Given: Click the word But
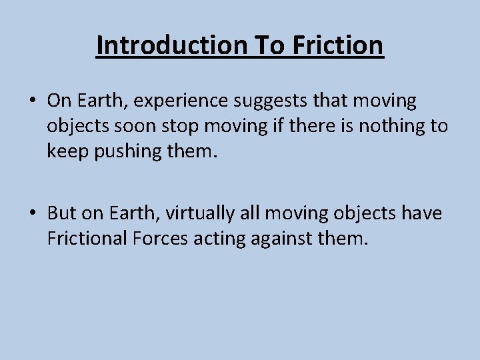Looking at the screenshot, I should point(63,213).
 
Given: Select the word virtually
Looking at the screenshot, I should point(201,213).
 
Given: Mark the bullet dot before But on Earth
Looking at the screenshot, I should point(31,213).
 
